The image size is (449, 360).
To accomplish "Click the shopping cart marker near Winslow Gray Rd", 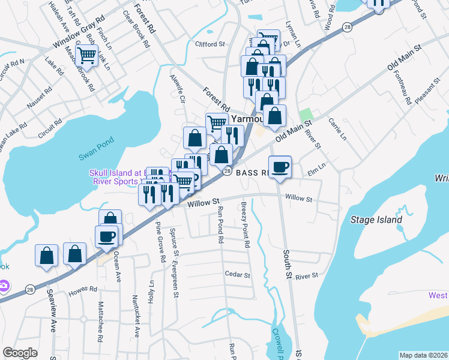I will pos(88,56).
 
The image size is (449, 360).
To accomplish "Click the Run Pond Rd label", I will pos(221,224).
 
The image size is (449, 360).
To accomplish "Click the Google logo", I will pos(20,353).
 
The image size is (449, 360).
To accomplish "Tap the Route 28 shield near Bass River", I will pos(228,172).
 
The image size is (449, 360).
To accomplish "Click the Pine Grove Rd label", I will pos(160,242).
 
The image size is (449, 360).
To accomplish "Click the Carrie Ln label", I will pos(337,129).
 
